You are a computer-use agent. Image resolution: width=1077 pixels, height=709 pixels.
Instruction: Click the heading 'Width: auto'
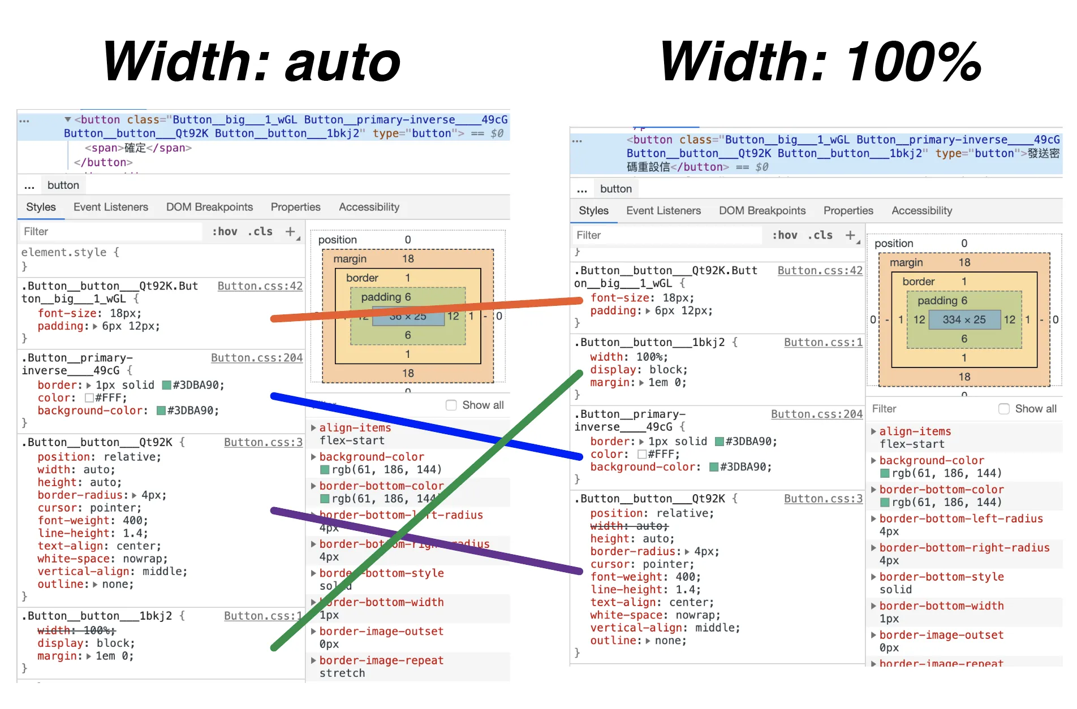(x=252, y=62)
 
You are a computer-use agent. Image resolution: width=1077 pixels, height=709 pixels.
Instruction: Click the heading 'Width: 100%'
(x=820, y=62)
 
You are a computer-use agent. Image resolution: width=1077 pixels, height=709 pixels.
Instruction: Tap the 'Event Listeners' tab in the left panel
(x=111, y=207)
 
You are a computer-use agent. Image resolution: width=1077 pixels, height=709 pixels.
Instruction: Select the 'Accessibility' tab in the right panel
(x=921, y=210)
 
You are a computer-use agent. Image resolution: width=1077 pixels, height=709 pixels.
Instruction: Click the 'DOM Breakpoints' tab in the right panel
(x=762, y=210)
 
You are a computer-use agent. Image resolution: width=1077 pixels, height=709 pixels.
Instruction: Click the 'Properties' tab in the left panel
(x=295, y=207)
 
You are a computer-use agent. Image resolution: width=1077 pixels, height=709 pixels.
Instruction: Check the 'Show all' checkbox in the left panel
(x=451, y=405)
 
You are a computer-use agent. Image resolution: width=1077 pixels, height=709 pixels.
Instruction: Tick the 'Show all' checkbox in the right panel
(x=1004, y=409)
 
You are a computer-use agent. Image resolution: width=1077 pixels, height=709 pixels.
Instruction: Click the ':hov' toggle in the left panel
(x=225, y=231)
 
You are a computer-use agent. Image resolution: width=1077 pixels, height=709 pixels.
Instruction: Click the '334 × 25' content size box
(x=964, y=319)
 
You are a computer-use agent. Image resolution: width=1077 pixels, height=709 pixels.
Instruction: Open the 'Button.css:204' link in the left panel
(x=257, y=357)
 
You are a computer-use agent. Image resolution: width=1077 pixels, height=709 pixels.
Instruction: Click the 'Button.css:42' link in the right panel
(x=820, y=270)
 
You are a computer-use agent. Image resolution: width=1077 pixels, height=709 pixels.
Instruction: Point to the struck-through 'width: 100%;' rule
(x=76, y=630)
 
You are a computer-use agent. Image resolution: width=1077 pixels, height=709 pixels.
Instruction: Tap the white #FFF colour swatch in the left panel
(x=89, y=397)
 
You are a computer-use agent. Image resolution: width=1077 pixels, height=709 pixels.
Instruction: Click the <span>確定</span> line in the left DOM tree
(x=138, y=148)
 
